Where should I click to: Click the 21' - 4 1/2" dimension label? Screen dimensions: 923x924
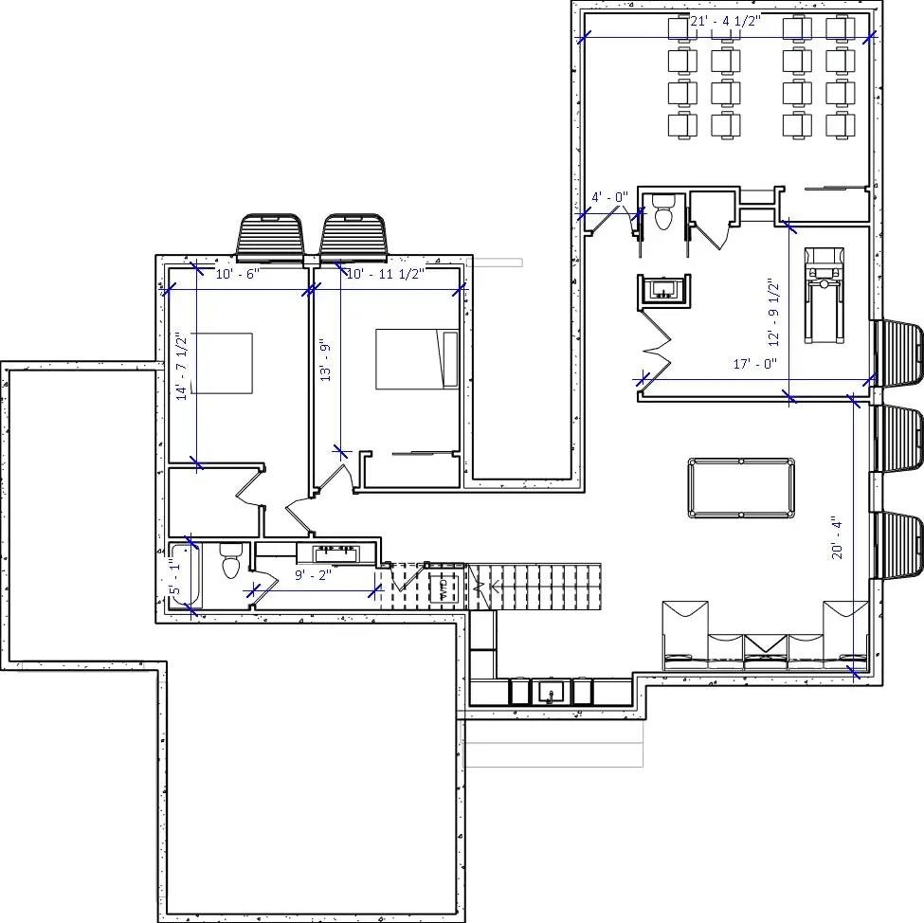click(726, 22)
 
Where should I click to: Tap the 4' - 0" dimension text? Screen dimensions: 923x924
click(609, 197)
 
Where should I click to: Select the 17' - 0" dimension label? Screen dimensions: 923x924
click(754, 364)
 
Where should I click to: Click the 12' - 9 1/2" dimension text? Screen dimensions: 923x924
click(773, 312)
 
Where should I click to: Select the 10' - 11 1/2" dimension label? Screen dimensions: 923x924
click(385, 274)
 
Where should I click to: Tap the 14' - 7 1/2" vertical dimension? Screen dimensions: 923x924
click(181, 367)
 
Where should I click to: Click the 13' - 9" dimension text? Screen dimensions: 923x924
click(325, 361)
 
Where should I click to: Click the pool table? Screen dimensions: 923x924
click(741, 488)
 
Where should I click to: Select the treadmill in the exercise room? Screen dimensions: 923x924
click(822, 294)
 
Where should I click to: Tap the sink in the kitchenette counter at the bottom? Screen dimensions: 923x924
click(550, 693)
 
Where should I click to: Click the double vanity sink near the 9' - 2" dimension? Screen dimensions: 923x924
click(337, 552)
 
